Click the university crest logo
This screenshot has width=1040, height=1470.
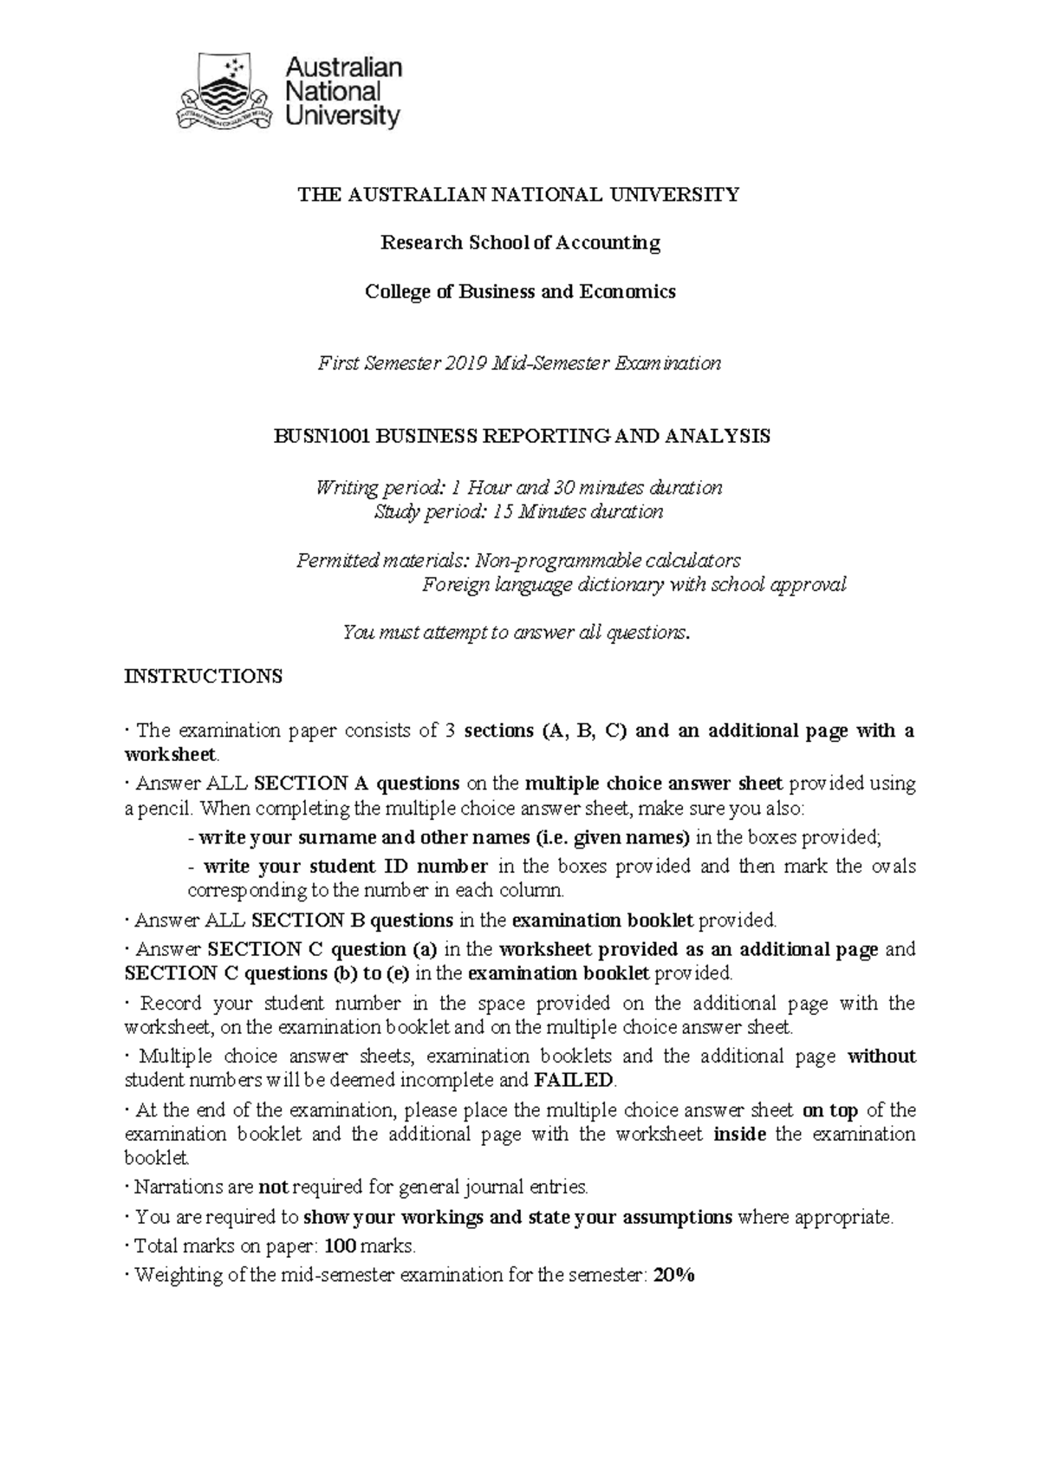point(226,91)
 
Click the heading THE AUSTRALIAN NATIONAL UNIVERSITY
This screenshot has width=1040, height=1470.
point(519,194)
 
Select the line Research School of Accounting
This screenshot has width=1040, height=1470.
point(521,243)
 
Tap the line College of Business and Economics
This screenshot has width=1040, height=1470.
point(520,291)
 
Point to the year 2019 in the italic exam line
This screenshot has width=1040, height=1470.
point(467,363)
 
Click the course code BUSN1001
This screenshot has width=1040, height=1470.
point(317,436)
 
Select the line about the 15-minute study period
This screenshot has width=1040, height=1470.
point(518,511)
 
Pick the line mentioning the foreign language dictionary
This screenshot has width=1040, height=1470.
point(634,584)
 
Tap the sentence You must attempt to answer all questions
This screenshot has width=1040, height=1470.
point(518,633)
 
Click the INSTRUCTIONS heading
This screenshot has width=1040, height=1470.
point(204,676)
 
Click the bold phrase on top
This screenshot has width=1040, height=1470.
point(830,1110)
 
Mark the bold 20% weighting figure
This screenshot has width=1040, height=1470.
point(675,1275)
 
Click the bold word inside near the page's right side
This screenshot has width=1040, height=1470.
point(739,1135)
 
